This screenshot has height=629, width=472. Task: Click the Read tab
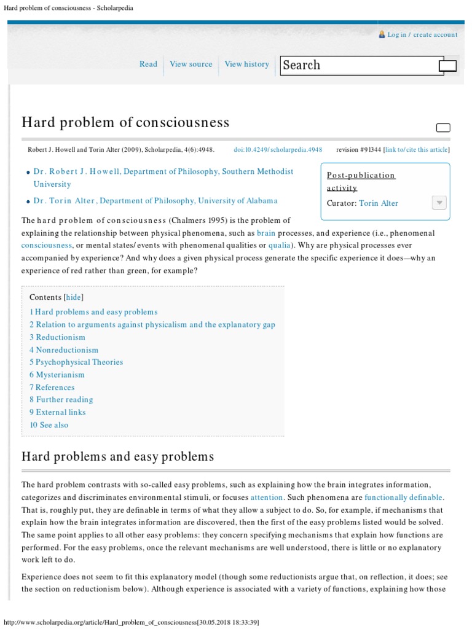coord(148,64)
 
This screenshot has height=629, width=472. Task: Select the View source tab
coord(191,64)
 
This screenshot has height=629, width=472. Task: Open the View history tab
coord(246,64)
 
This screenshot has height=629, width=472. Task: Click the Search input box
coord(359,65)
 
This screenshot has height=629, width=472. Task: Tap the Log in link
coord(396,35)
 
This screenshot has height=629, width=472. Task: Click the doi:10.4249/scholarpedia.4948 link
coord(278,149)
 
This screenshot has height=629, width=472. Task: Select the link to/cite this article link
coord(417,149)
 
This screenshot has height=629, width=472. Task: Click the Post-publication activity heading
coord(361,181)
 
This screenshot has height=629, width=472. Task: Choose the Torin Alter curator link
coord(379,203)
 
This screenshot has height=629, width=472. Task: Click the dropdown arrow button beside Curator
coord(439,203)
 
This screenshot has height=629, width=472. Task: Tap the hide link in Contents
coord(73,297)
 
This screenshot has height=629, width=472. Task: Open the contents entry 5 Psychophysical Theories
coord(76,362)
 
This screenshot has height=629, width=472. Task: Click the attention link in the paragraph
coord(267,497)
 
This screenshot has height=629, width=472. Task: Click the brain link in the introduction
coord(266,233)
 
